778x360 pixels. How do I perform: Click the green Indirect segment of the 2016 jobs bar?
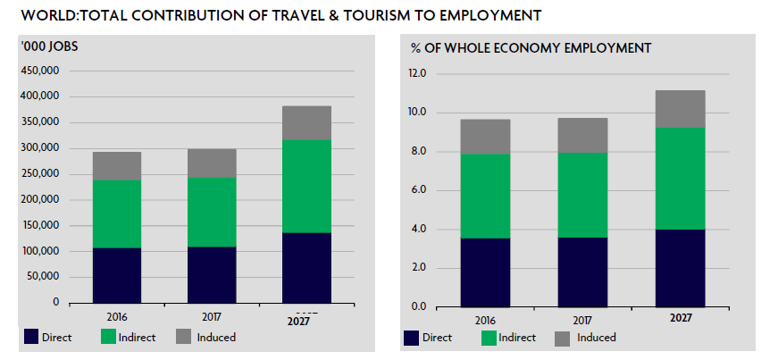pos(116,213)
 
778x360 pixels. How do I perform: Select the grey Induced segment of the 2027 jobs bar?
pos(307,122)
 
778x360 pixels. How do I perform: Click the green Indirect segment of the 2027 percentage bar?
pos(680,179)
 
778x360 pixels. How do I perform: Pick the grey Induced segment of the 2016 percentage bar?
pos(484,137)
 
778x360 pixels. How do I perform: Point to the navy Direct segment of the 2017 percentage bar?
pos(582,272)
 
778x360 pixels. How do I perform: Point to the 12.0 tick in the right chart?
pos(417,74)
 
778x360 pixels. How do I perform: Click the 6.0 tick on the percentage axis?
pos(419,190)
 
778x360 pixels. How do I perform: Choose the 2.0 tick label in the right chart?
pos(419,268)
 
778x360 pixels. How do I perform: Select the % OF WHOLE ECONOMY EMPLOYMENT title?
pos(530,47)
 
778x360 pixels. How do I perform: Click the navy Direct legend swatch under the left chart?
pos(31,338)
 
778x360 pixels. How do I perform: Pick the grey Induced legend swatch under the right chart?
pos(562,338)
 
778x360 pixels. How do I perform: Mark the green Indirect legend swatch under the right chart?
pos(489,338)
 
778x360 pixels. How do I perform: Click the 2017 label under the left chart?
pos(211,316)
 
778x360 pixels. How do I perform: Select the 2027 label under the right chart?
pos(680,317)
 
